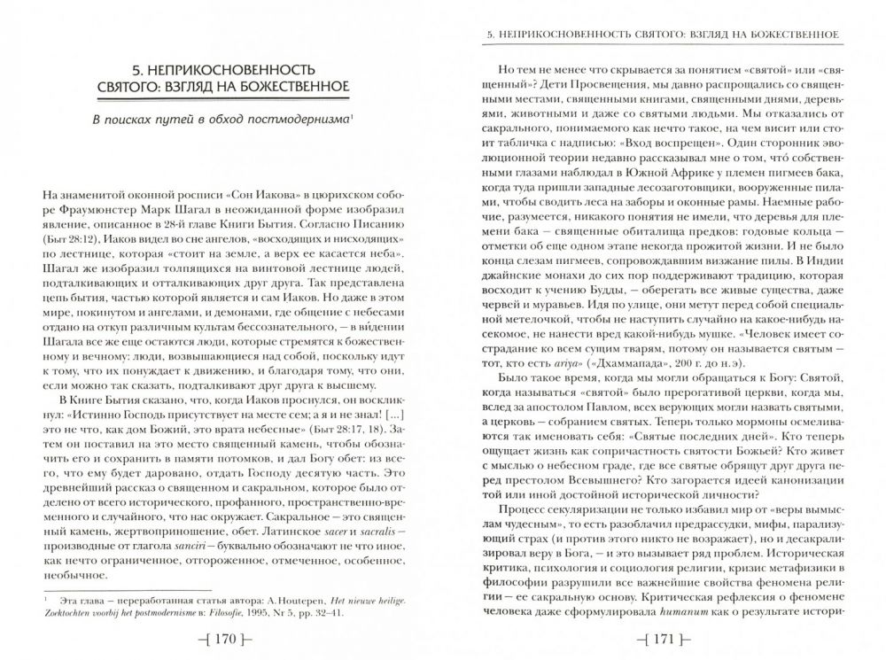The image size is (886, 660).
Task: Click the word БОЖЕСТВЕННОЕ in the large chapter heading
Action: [x=298, y=85]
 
